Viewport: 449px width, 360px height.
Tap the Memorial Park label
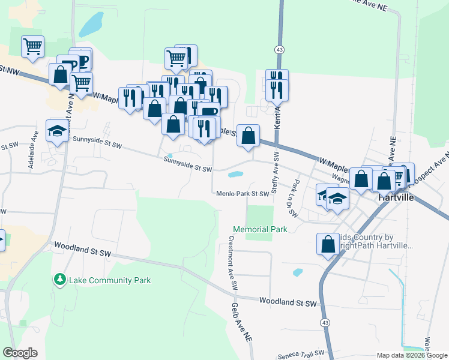[260, 229]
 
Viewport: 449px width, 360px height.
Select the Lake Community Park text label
[110, 280]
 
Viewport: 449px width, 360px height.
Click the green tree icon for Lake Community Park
[59, 280]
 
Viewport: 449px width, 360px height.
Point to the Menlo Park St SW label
[243, 194]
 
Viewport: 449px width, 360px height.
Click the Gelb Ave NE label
[241, 322]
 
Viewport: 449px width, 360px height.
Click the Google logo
[20, 353]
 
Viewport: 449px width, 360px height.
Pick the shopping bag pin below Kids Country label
[328, 245]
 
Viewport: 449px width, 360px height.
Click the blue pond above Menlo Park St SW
[235, 175]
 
